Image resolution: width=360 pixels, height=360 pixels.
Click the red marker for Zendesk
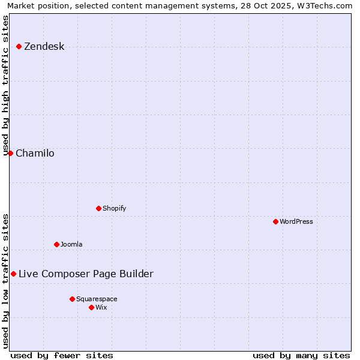(19, 46)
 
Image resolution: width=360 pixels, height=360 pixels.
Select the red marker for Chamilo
(10, 153)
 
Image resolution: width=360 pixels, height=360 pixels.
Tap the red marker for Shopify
(98, 208)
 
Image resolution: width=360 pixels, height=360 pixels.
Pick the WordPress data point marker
(275, 221)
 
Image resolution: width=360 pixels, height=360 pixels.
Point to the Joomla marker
(56, 244)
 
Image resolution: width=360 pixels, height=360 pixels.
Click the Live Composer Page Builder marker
(13, 274)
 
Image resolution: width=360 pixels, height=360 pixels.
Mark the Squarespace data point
(72, 299)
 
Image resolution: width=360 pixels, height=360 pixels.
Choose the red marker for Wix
(91, 307)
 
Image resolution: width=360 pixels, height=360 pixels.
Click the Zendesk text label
(44, 47)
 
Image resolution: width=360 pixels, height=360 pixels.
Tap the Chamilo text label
(35, 154)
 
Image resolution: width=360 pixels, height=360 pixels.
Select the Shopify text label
(114, 208)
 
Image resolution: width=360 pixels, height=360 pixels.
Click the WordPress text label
(296, 221)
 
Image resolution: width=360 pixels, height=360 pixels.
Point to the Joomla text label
(71, 244)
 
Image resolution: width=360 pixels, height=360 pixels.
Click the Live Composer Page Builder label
(86, 274)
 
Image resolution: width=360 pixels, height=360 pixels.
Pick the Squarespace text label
(97, 299)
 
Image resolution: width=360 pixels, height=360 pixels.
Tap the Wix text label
(101, 307)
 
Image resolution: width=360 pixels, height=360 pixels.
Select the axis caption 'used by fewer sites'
(62, 355)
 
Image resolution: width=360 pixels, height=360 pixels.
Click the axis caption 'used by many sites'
(301, 355)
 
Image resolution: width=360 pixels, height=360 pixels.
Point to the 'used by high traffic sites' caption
(5, 84)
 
